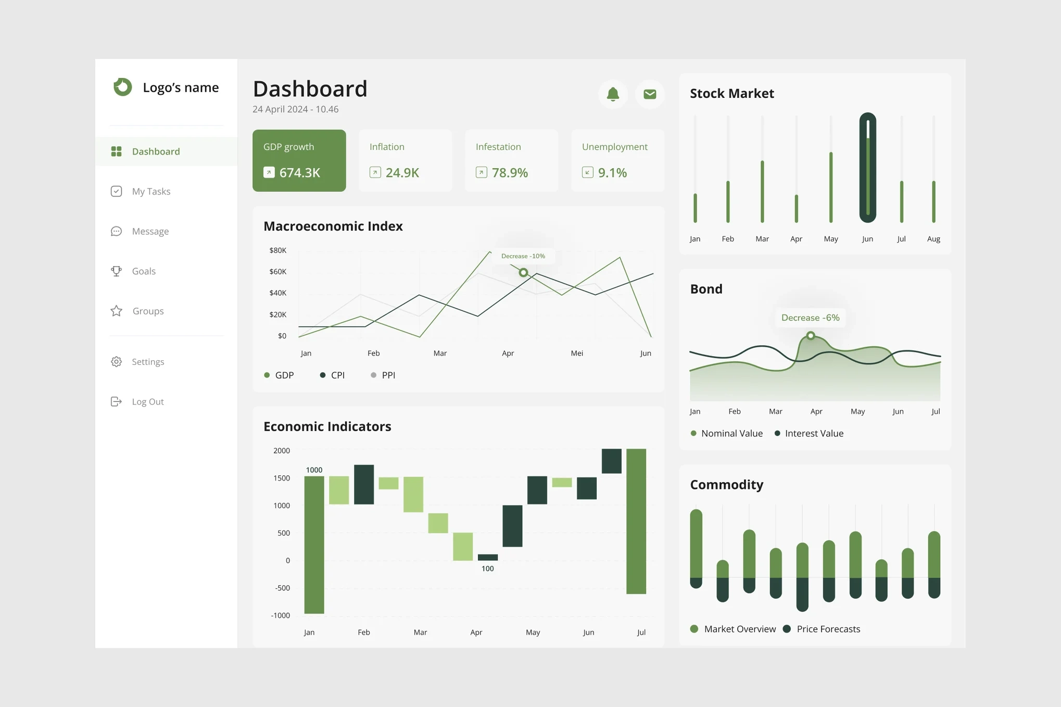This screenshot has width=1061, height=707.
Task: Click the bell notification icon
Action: pos(613,94)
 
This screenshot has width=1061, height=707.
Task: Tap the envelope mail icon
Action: pos(650,94)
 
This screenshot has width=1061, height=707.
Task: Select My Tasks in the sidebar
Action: pos(151,192)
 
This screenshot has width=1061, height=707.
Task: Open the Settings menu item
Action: pos(148,362)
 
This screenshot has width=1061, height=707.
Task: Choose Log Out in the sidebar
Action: pos(148,402)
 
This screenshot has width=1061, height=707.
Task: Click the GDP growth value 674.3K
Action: pos(299,172)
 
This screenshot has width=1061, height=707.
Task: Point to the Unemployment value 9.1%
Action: pos(612,172)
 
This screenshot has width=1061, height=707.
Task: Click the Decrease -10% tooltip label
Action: pos(523,256)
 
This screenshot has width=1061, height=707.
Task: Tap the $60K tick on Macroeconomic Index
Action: pos(278,272)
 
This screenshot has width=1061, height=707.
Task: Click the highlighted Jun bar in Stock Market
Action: pos(867,168)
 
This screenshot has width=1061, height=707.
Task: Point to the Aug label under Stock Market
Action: pos(933,239)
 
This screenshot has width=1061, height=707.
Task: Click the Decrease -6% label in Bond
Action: pos(810,318)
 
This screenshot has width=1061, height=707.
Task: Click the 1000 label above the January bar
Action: pos(314,470)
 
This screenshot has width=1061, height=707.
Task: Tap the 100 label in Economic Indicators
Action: pos(487,569)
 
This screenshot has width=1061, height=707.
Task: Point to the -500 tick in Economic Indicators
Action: pos(283,588)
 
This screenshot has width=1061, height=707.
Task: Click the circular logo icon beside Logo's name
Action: pos(123,87)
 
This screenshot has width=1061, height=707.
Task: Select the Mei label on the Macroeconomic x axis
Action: pos(577,353)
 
